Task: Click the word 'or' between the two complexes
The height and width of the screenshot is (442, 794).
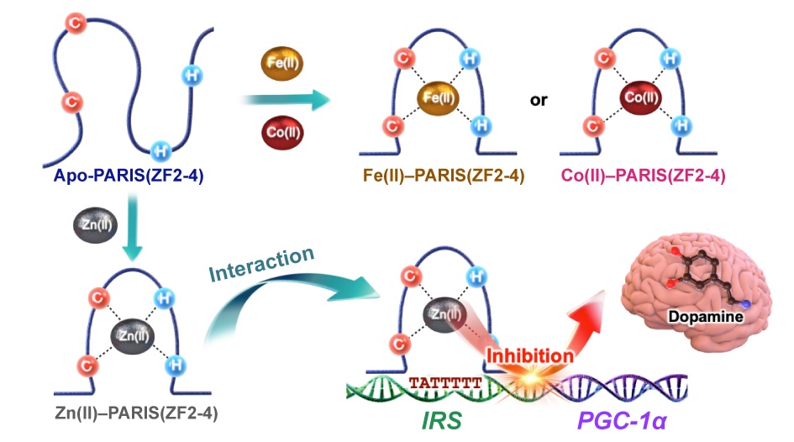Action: (539, 100)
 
